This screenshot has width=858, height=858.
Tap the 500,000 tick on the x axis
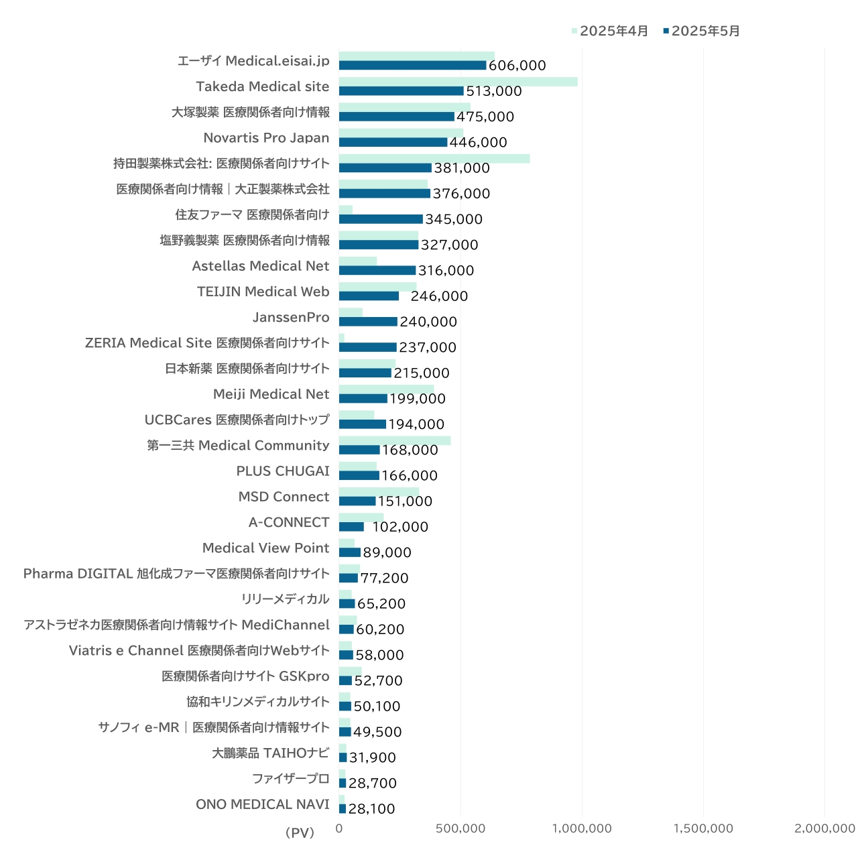[x=461, y=829]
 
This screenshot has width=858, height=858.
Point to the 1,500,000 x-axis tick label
[x=703, y=829]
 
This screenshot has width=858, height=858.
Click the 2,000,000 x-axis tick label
[x=824, y=829]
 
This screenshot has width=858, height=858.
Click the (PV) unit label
[x=300, y=833]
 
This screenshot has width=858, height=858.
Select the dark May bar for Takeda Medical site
[x=401, y=91]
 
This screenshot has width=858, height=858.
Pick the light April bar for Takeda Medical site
[x=458, y=82]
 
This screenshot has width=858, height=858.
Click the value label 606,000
[x=517, y=66]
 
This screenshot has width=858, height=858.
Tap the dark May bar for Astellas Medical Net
[x=377, y=271]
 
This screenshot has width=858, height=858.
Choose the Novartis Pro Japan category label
[x=266, y=138]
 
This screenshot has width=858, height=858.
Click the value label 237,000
[x=428, y=347]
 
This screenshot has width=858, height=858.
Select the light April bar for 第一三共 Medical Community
[x=395, y=440]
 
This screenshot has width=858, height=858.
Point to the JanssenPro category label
[x=291, y=318]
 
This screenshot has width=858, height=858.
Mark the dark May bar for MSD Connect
[x=357, y=501]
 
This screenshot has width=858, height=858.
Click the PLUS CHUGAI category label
[x=283, y=471]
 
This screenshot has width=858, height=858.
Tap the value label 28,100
[x=371, y=809]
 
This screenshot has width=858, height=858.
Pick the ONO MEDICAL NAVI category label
[x=263, y=804]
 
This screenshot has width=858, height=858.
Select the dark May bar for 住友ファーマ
[x=381, y=219]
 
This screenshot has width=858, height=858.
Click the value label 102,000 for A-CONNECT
[x=400, y=527]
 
